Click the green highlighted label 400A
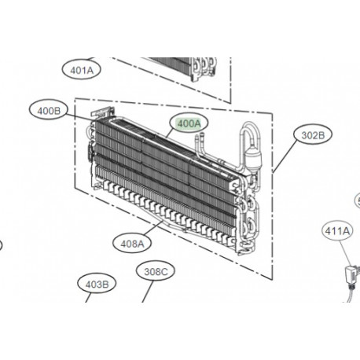coord(189,123)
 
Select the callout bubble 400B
coord(48,111)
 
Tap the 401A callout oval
coord(82,70)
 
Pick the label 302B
coord(313,134)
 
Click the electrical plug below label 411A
coord(348,274)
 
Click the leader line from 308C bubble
coord(146,292)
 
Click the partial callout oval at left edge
coord(2,244)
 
